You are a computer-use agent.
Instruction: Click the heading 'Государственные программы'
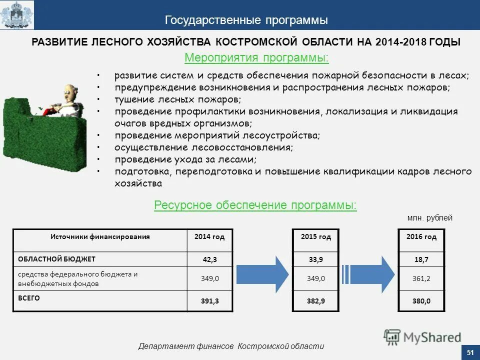(x=246, y=20)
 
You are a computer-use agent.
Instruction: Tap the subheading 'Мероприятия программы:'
(x=256, y=58)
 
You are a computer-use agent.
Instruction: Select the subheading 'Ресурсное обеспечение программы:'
(x=255, y=205)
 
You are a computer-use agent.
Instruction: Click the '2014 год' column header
(x=210, y=236)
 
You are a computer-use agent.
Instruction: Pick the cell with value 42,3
(x=210, y=259)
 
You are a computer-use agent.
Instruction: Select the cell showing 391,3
(x=210, y=300)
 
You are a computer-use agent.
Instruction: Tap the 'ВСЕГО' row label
(x=29, y=298)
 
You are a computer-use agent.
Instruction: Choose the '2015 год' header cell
(x=316, y=236)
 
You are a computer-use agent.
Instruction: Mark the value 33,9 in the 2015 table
(x=316, y=259)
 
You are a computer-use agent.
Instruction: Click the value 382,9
(x=316, y=301)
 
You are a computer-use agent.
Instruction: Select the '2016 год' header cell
(x=421, y=236)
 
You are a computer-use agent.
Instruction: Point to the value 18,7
(x=421, y=259)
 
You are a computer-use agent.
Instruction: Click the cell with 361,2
(x=421, y=278)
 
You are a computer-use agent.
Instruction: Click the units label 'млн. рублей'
(x=429, y=218)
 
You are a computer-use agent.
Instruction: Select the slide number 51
(x=470, y=353)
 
